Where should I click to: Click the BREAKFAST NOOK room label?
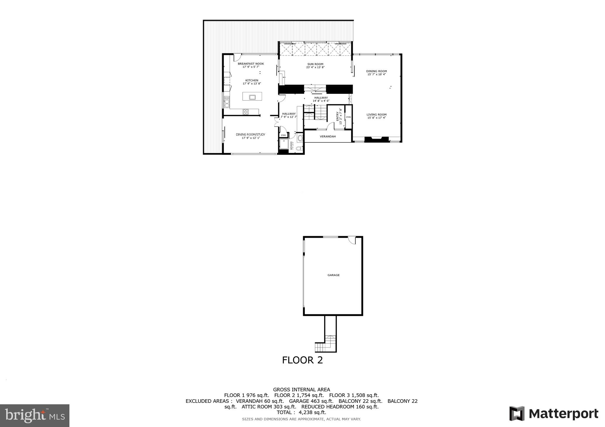click(x=251, y=64)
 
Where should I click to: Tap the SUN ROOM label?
click(x=315, y=64)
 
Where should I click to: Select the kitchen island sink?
click(x=252, y=97)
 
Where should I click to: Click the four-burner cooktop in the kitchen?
click(x=245, y=112)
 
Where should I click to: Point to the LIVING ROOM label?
click(x=376, y=115)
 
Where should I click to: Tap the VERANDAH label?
click(x=328, y=137)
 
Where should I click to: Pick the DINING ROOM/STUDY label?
click(x=251, y=134)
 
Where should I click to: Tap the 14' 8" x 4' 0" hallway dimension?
click(x=321, y=101)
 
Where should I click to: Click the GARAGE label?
click(x=333, y=275)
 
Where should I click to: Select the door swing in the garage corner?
click(x=352, y=241)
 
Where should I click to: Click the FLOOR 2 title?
click(x=302, y=360)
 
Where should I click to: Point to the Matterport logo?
click(x=554, y=414)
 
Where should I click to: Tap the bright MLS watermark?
click(x=35, y=415)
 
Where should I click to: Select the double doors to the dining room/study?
click(x=277, y=121)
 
